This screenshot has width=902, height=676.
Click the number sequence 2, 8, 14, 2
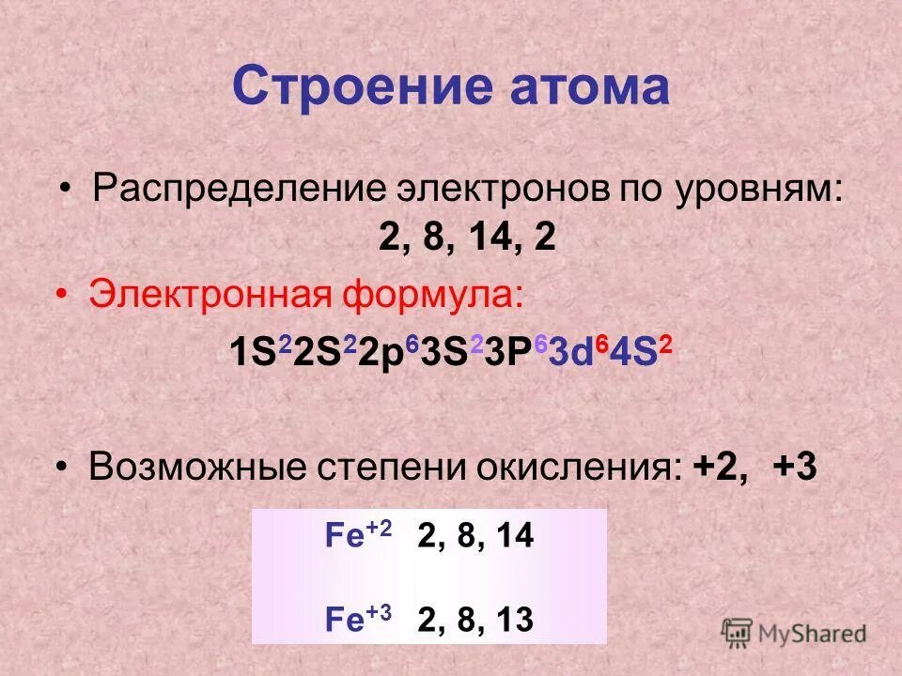(x=467, y=238)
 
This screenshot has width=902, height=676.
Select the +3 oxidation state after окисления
(x=796, y=468)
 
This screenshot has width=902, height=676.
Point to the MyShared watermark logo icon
(x=738, y=632)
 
